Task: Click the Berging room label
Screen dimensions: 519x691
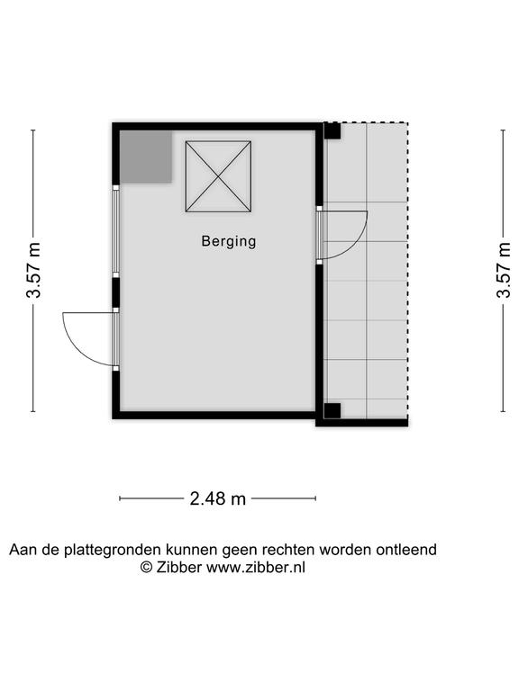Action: [229, 241]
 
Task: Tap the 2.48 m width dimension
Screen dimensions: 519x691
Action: [217, 498]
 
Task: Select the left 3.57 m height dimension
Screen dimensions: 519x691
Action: [33, 270]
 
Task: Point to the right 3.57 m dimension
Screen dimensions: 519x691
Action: [503, 270]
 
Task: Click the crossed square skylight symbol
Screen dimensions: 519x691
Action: [218, 176]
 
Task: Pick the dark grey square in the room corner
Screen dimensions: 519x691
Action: [146, 157]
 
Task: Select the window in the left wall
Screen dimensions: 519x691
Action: [115, 231]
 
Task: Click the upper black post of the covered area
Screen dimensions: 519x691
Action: [332, 130]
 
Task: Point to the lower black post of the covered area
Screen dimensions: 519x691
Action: [332, 410]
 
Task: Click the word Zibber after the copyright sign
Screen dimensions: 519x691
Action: [178, 567]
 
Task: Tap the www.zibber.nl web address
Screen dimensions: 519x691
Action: [256, 567]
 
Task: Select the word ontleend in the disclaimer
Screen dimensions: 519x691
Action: [406, 550]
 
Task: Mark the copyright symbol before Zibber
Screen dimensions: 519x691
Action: [146, 568]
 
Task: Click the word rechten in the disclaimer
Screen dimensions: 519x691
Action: [288, 550]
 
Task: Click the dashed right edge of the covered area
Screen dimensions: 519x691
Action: [407, 270]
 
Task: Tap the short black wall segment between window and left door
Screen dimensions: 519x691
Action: [115, 292]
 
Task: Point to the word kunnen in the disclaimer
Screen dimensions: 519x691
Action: [192, 550]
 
